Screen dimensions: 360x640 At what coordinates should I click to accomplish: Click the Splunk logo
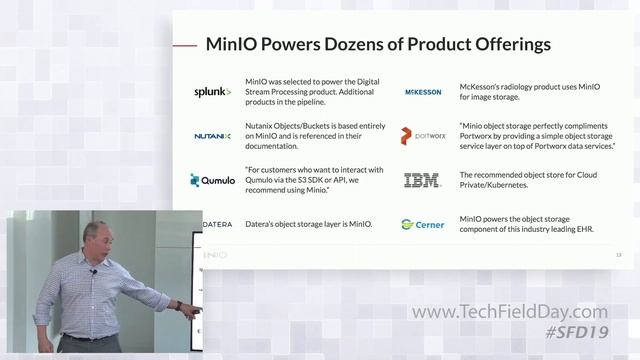[x=212, y=92]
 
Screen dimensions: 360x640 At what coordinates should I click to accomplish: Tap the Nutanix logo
[x=212, y=136]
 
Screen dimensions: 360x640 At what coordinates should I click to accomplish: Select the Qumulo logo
[x=212, y=181]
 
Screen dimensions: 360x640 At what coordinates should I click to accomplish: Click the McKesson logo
[x=422, y=92]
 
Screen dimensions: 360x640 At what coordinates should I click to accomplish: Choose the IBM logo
[x=421, y=181]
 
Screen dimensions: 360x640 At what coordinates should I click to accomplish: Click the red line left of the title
[x=184, y=45]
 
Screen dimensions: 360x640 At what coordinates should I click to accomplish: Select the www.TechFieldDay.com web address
[x=522, y=313]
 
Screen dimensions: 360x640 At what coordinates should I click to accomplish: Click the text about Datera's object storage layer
[x=308, y=224]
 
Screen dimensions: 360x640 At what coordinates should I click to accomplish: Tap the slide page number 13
[x=618, y=255]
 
